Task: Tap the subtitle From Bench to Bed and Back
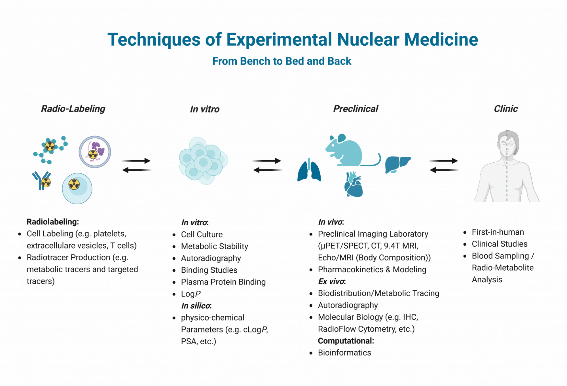tap(282, 61)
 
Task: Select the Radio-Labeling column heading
tap(73, 109)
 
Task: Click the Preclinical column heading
tap(356, 109)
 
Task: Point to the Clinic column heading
tap(506, 109)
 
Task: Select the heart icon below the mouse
tap(353, 185)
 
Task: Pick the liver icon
tap(397, 164)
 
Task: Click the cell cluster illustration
tap(203, 161)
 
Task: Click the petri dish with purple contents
tap(95, 152)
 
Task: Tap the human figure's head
tap(507, 143)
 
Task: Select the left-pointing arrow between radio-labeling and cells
tap(136, 170)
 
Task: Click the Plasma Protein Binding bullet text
tap(223, 282)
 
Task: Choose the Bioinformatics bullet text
tap(344, 353)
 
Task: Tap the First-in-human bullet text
tap(498, 232)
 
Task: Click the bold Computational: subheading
tap(346, 341)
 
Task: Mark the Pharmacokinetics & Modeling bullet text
tap(372, 270)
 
